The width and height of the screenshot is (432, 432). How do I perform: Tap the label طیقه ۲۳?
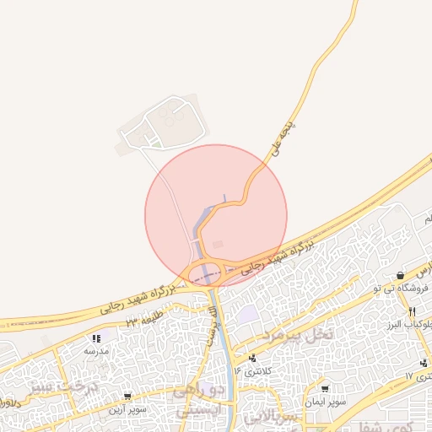tap(143, 321)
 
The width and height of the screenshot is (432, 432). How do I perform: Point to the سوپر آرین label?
tap(126, 409)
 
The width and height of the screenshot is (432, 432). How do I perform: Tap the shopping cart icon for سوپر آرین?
tap(127, 396)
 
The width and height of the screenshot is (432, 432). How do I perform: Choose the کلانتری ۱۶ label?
tap(250, 370)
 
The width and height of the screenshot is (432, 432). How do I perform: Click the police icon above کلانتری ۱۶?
tap(251, 359)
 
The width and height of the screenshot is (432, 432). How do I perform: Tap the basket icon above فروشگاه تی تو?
tap(400, 275)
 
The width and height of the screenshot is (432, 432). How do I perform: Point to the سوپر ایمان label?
tap(325, 402)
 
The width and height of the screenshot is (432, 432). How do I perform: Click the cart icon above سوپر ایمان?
tap(325, 389)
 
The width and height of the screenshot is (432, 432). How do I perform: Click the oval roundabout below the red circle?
tap(207, 273)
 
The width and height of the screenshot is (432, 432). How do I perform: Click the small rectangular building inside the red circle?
tap(219, 245)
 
